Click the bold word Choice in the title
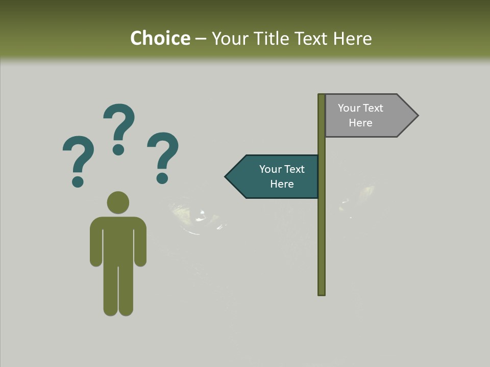pyautogui.click(x=160, y=38)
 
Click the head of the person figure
pyautogui.click(x=118, y=202)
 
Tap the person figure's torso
pyautogui.click(x=118, y=240)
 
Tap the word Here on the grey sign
pyautogui.click(x=360, y=123)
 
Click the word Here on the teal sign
pyautogui.click(x=282, y=184)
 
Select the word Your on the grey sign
pyautogui.click(x=349, y=108)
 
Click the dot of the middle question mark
pyautogui.click(x=118, y=149)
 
